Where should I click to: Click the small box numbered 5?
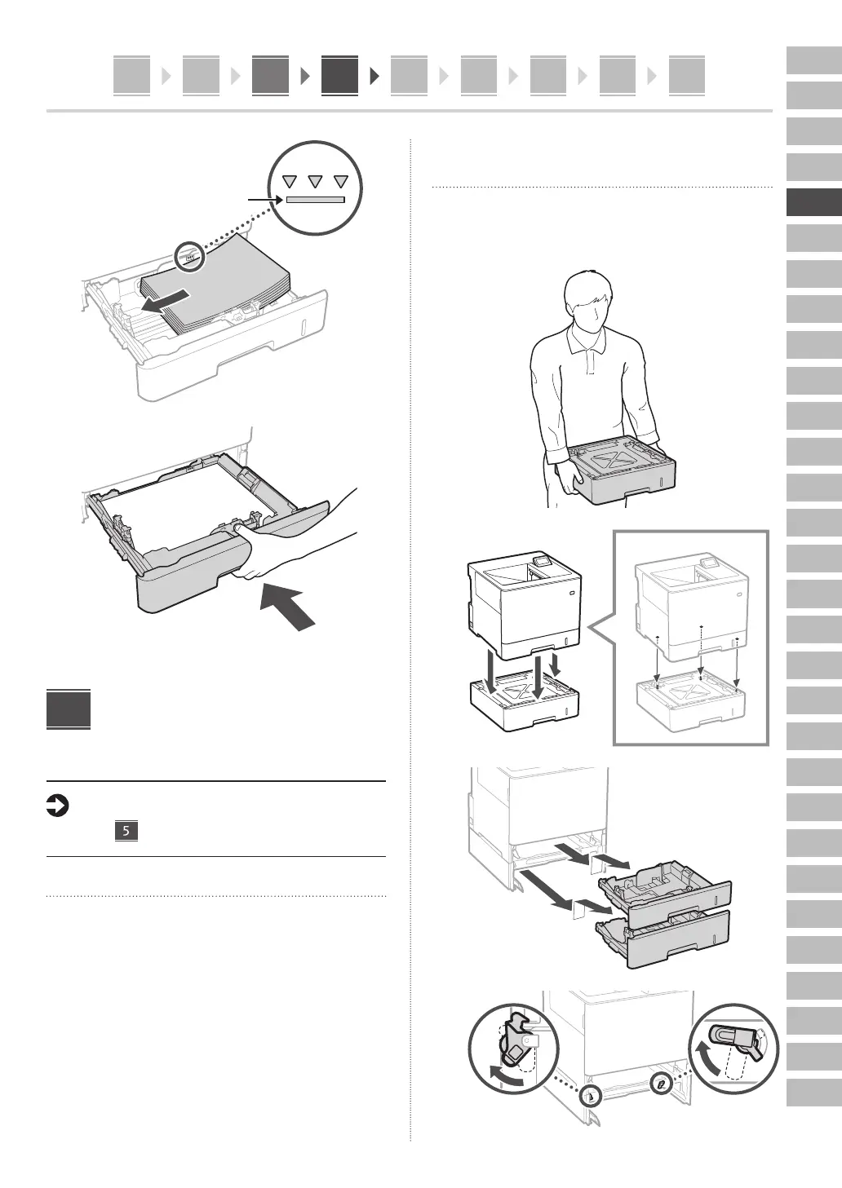click(x=126, y=832)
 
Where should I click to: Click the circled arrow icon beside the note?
click(x=57, y=807)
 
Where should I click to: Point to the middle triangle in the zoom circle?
click(x=314, y=182)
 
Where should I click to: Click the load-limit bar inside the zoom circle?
click(x=315, y=199)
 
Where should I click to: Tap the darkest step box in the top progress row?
click(x=339, y=76)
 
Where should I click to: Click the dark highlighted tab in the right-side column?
click(x=813, y=202)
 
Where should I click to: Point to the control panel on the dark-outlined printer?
click(x=539, y=562)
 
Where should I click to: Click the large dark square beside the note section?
click(x=69, y=710)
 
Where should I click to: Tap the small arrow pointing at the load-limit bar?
click(x=265, y=199)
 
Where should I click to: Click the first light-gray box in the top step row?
click(x=131, y=76)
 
